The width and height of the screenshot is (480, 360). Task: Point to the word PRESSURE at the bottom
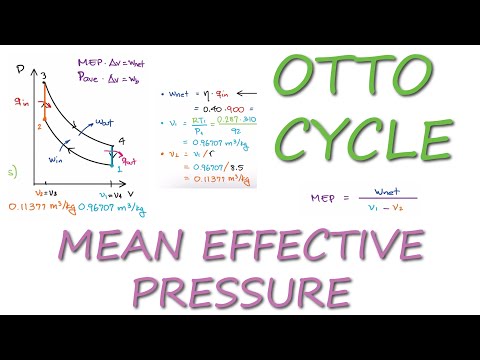pos(241,291)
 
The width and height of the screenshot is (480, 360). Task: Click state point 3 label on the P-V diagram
pos(44,76)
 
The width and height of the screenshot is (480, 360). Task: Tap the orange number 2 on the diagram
pos(38,126)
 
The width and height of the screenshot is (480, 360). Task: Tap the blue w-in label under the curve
pos(58,158)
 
